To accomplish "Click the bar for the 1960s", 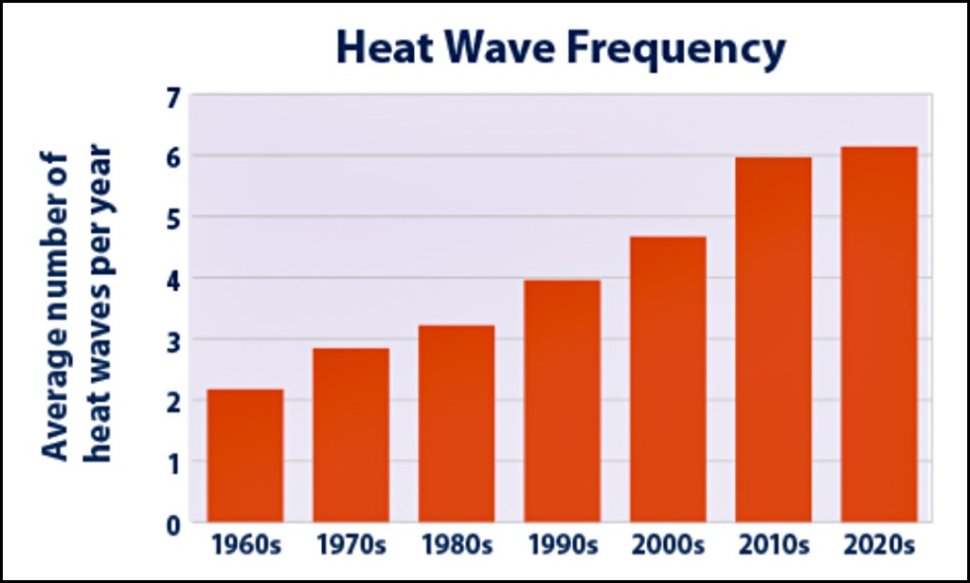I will [x=244, y=455].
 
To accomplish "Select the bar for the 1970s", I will [x=350, y=435].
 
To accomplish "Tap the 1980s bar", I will [x=457, y=424].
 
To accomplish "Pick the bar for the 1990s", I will [x=562, y=401].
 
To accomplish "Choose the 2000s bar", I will [x=668, y=379].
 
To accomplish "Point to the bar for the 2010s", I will [x=773, y=339].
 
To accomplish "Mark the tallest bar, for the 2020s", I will [x=879, y=334].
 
